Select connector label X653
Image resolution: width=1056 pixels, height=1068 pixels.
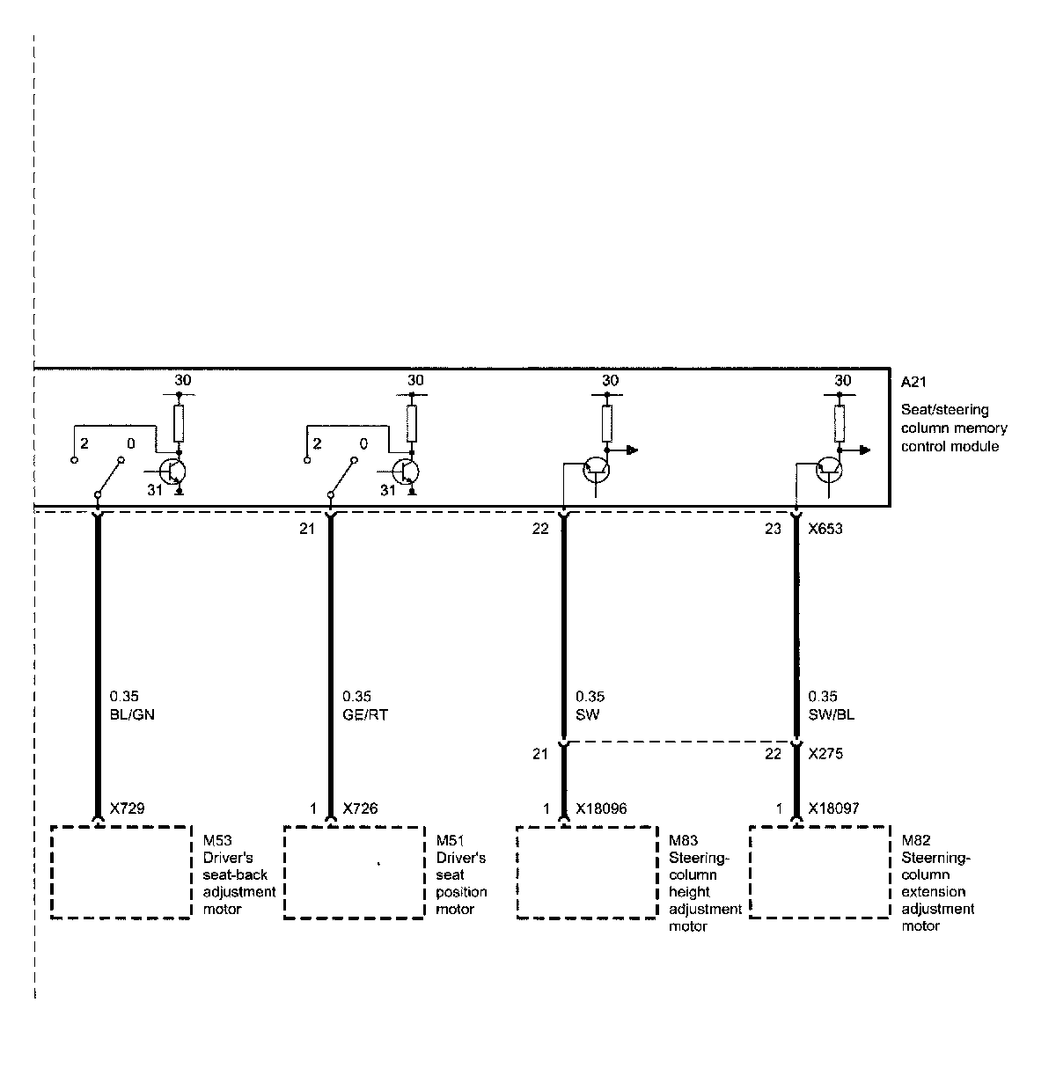(x=826, y=529)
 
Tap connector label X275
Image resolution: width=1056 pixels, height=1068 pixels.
(x=826, y=754)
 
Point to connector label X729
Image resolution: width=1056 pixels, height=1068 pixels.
(x=128, y=808)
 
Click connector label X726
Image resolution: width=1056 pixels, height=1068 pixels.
(x=360, y=808)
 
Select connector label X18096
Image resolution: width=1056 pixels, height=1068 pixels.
(x=601, y=808)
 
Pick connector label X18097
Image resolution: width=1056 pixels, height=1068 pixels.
(x=834, y=808)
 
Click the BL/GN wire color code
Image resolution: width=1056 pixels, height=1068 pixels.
(x=133, y=714)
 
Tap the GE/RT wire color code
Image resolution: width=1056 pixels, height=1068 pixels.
(x=365, y=714)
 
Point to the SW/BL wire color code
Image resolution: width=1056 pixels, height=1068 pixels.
(x=832, y=714)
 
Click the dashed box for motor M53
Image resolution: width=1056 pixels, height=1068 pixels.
(x=121, y=872)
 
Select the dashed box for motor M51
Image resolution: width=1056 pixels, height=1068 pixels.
(x=354, y=872)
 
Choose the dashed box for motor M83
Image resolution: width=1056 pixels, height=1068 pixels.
(x=586, y=872)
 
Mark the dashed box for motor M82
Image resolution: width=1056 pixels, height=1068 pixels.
(x=819, y=872)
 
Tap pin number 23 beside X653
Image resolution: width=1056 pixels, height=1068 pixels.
(x=773, y=529)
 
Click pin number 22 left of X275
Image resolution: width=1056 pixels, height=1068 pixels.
(x=773, y=754)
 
